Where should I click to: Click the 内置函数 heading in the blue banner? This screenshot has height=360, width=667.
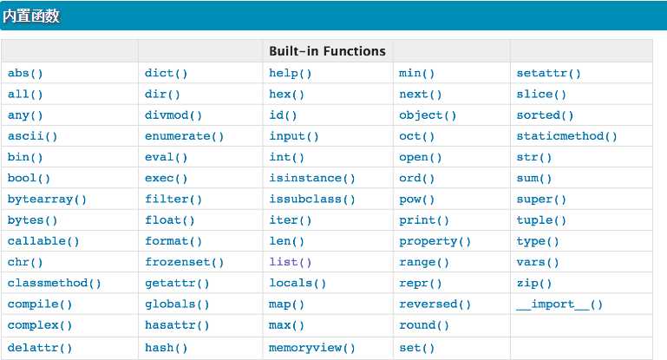[x=31, y=16]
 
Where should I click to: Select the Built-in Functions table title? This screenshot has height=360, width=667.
[x=327, y=51]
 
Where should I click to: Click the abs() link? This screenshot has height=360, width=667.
[x=25, y=73]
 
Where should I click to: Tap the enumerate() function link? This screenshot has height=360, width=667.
[x=184, y=136]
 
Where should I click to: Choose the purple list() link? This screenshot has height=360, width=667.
[x=290, y=262]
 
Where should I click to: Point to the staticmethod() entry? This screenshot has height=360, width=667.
[x=566, y=136]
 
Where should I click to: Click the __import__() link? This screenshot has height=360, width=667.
[x=559, y=304]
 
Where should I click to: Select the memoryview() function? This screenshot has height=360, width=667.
[x=311, y=348]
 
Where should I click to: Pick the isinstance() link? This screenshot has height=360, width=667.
[x=311, y=179]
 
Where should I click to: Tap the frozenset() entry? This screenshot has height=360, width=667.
[x=184, y=262]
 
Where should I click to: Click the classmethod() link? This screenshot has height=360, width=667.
[x=54, y=283]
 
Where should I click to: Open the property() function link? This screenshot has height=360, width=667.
[x=435, y=241]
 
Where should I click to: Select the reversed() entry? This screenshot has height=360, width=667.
[x=435, y=304]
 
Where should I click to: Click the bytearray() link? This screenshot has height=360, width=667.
[x=47, y=200]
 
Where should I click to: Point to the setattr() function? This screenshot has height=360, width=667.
[x=549, y=73]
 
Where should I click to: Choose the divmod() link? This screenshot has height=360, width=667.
[x=173, y=115]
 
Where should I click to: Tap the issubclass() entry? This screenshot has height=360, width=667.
[x=311, y=200]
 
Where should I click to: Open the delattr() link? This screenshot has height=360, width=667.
[x=40, y=348]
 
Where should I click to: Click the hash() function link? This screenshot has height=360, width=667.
[x=166, y=348]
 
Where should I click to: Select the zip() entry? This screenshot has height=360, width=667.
[x=533, y=284]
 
